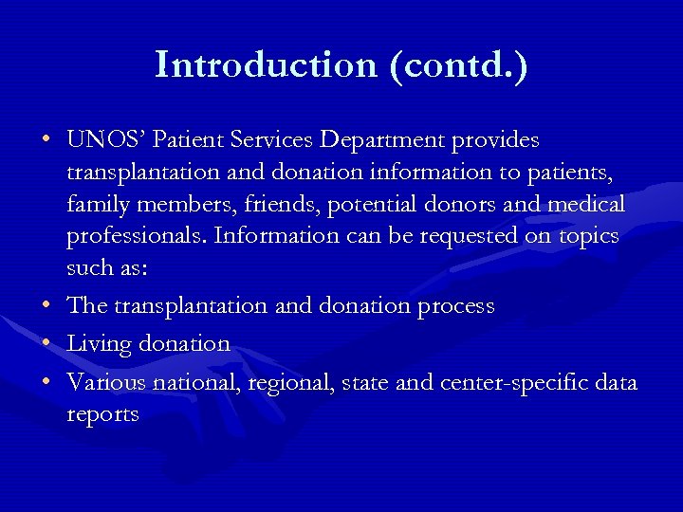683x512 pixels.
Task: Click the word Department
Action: pyautogui.click(x=387, y=140)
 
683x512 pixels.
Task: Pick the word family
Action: pyautogui.click(x=98, y=204)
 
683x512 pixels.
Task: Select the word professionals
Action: pyautogui.click(x=135, y=235)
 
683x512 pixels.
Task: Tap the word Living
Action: pyautogui.click(x=100, y=342)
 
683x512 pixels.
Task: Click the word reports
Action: pyautogui.click(x=102, y=414)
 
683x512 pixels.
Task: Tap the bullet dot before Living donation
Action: pyautogui.click(x=46, y=342)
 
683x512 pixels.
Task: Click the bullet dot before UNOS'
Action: pyautogui.click(x=46, y=140)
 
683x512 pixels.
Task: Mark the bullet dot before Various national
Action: pyautogui.click(x=46, y=382)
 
